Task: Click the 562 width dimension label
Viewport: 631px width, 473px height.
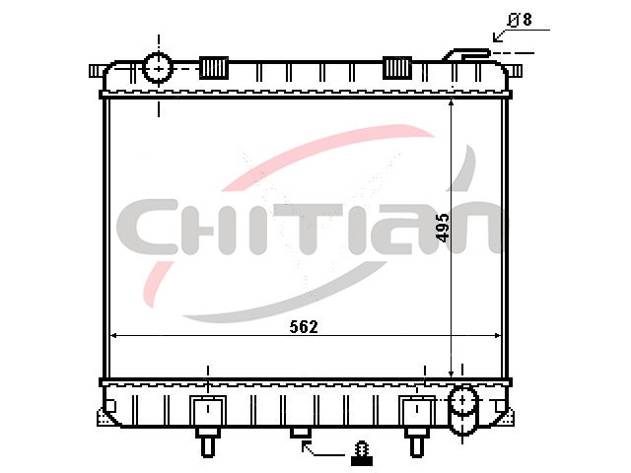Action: click(304, 326)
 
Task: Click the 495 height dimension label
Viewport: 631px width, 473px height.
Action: click(443, 228)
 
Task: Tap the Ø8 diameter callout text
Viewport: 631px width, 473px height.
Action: click(520, 20)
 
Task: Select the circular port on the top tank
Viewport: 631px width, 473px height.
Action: click(158, 68)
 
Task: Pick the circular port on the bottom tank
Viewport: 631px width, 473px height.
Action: click(462, 401)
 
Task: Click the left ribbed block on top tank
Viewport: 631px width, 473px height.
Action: click(214, 68)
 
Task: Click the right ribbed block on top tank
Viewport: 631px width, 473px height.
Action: click(396, 68)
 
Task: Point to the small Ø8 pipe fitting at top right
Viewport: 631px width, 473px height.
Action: click(466, 55)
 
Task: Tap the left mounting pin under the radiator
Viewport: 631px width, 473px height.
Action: click(208, 442)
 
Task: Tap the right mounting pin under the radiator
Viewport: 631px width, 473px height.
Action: click(417, 442)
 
